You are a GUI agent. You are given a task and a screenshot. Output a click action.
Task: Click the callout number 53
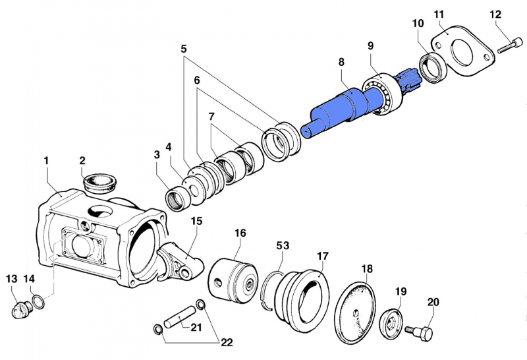click(x=283, y=246)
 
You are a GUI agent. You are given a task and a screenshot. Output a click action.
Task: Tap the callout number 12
click(x=495, y=15)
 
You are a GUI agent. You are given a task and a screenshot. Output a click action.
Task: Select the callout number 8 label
click(x=341, y=62)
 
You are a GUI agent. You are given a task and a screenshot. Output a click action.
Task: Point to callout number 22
click(x=227, y=342)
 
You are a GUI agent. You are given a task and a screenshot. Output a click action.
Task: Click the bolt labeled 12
click(x=509, y=46)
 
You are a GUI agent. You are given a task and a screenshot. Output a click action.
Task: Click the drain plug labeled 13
click(x=22, y=309)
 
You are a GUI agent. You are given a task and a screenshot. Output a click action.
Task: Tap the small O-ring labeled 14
click(x=38, y=301)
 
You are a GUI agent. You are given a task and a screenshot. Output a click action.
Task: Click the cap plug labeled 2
click(x=99, y=183)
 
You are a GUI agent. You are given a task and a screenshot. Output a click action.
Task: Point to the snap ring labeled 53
click(x=268, y=289)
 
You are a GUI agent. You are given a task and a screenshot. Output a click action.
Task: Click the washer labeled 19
click(x=391, y=324)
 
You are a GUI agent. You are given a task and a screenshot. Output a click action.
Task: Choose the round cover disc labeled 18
click(x=355, y=313)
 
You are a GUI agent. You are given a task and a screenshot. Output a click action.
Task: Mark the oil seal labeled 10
click(x=433, y=67)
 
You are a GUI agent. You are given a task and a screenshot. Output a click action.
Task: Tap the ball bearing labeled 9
click(x=383, y=94)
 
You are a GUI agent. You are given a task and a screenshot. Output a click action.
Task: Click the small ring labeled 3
click(x=179, y=201)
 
